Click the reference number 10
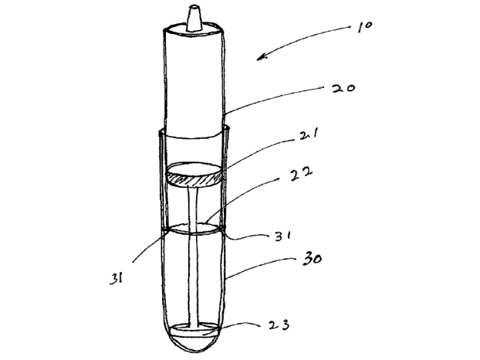[365, 26]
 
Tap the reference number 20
[343, 89]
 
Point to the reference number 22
[301, 173]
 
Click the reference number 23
[279, 325]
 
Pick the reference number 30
[312, 259]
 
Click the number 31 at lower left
[116, 279]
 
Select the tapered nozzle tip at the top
[193, 18]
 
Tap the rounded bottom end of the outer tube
[193, 345]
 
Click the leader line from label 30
[260, 266]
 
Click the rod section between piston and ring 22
[193, 205]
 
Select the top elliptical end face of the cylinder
[194, 29]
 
